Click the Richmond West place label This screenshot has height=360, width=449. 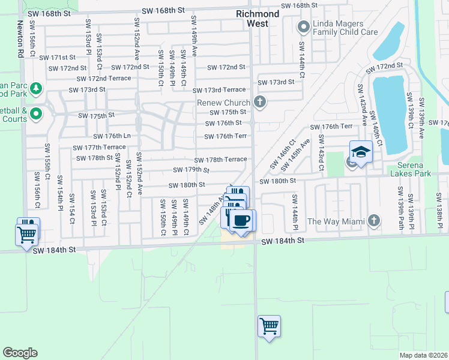[x=257, y=19]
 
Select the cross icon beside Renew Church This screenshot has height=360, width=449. [x=259, y=101]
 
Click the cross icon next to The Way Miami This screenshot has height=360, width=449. [x=374, y=221]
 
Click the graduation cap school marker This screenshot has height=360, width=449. [x=360, y=152]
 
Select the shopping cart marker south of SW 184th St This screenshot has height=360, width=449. [x=270, y=327]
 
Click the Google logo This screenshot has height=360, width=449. [x=20, y=353]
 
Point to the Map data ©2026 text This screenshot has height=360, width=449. [x=423, y=355]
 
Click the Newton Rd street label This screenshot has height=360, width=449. [x=20, y=40]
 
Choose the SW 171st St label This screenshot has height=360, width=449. [x=65, y=58]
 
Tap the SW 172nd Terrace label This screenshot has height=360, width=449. [x=101, y=79]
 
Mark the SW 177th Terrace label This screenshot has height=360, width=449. [x=99, y=148]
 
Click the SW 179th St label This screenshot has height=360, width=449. [x=191, y=170]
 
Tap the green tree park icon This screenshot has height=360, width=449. [x=35, y=88]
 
